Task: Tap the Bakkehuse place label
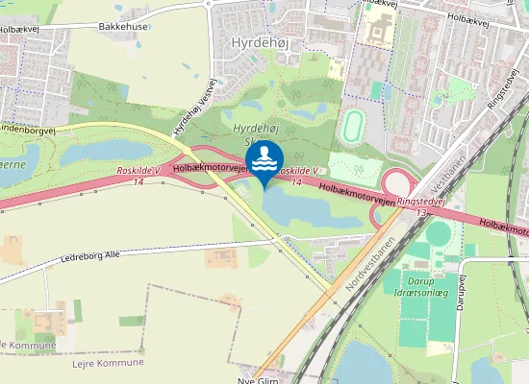click(123, 27)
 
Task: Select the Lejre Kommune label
click(108, 363)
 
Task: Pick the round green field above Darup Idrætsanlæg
click(440, 233)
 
